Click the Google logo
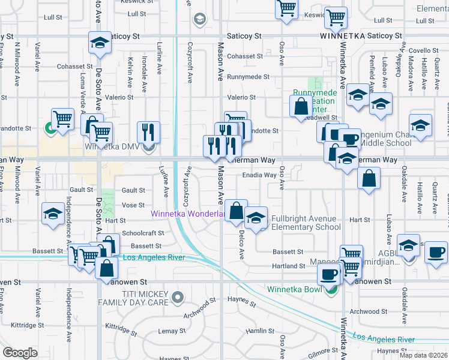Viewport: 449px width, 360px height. pos(20,353)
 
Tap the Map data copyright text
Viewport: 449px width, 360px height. pos(424,355)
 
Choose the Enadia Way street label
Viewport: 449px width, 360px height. pos(259,176)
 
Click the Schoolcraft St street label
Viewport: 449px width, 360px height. pos(142,233)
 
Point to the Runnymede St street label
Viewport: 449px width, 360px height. pos(248,77)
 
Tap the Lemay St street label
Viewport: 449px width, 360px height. pos(172,331)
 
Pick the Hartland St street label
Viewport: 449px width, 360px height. pos(289,266)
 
